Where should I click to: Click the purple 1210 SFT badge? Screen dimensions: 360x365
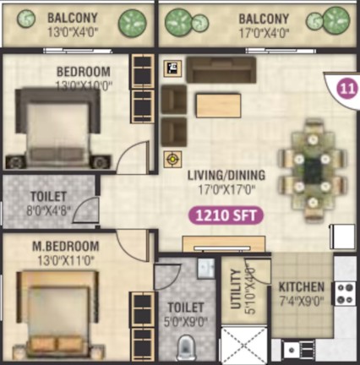(226, 215)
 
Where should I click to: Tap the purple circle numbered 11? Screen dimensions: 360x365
(347, 89)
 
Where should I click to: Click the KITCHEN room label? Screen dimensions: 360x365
(302, 287)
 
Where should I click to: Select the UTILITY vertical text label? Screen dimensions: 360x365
(236, 289)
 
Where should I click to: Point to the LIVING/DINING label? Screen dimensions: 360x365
(226, 175)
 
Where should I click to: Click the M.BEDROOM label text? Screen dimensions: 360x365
(66, 247)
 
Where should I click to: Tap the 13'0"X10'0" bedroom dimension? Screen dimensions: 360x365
(84, 85)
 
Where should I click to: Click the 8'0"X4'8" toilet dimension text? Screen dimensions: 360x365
(48, 210)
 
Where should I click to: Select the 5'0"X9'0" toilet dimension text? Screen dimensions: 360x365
(186, 322)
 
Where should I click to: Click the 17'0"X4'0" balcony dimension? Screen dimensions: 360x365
(264, 34)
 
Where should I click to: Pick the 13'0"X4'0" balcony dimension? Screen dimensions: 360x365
(73, 33)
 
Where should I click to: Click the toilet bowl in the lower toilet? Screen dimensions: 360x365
(184, 347)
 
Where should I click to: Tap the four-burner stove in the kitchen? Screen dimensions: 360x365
(346, 293)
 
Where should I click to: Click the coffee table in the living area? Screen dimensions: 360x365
(219, 106)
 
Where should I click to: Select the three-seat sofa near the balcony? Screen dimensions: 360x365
(221, 70)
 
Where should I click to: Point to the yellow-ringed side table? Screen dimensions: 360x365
(172, 160)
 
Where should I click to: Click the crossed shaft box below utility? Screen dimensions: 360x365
(244, 344)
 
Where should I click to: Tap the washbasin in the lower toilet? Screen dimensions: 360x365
(206, 269)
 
